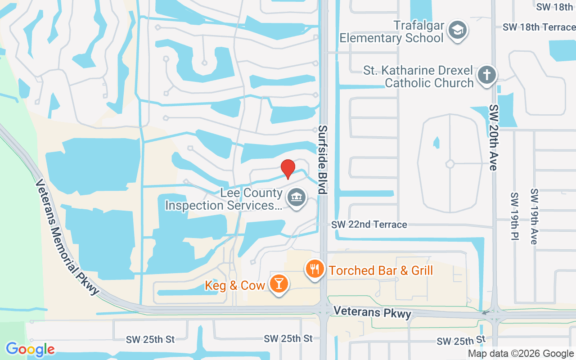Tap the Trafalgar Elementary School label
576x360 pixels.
pyautogui.click(x=391, y=31)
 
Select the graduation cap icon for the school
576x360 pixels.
pyautogui.click(x=458, y=31)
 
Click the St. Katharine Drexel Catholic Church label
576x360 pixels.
pyautogui.click(x=418, y=77)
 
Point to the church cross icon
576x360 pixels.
pyautogui.click(x=486, y=75)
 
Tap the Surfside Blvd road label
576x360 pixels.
pyautogui.click(x=322, y=159)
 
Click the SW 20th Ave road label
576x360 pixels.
pyautogui.click(x=494, y=138)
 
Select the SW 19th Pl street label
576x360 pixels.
pyautogui.click(x=514, y=216)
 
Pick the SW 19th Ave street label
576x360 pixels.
pyautogui.click(x=534, y=216)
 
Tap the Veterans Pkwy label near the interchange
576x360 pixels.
pyautogui.click(x=372, y=312)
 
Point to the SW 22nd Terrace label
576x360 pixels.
pyautogui.click(x=369, y=225)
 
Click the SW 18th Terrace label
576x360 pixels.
pyautogui.click(x=539, y=27)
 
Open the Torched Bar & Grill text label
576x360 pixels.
pyautogui.click(x=381, y=270)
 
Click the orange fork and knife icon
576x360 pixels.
pyautogui.click(x=315, y=270)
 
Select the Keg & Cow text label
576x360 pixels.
pyautogui.click(x=234, y=285)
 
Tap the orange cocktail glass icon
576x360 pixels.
pyautogui.click(x=279, y=284)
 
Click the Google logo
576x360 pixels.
pyautogui.click(x=30, y=349)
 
